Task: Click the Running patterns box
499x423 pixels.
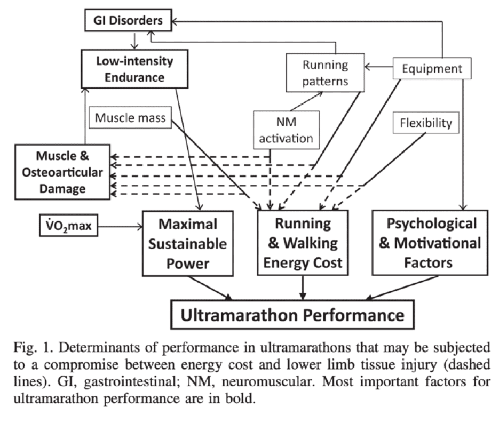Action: tap(324, 73)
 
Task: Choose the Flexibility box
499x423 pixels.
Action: tap(425, 124)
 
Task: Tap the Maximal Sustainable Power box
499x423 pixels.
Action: tap(187, 243)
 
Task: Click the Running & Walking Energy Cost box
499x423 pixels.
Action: tap(303, 243)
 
